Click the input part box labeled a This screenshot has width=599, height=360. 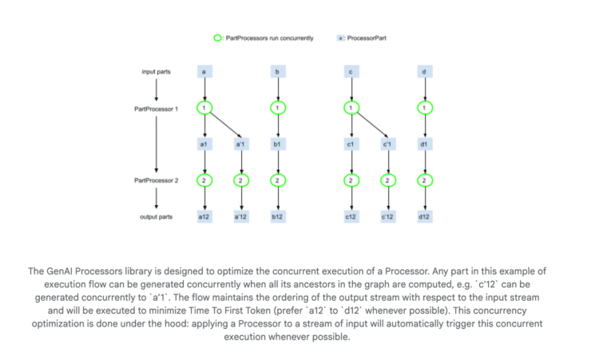tap(205, 73)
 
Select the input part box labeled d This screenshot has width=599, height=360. tap(423, 73)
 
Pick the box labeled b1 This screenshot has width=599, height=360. tap(276, 144)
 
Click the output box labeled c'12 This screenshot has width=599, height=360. tap(387, 217)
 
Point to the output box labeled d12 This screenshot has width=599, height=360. tap(423, 217)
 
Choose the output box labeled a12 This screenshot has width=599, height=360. tap(205, 217)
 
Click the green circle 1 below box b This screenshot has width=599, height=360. tap(276, 108)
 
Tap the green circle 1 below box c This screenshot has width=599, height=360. tap(350, 108)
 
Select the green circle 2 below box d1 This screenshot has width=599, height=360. tap(423, 181)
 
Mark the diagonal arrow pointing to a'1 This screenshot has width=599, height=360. tap(224, 125)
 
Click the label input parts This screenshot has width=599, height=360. tap(157, 73)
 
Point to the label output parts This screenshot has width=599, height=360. tap(157, 217)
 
